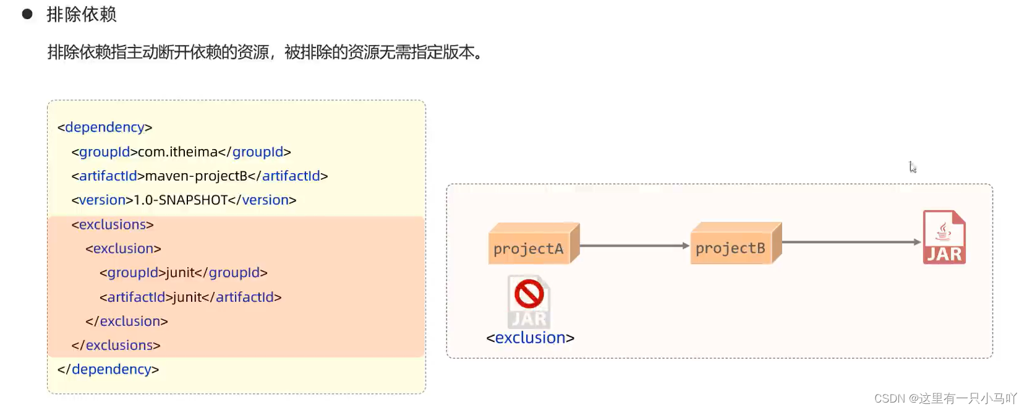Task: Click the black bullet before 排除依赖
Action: [27, 14]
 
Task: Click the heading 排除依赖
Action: [81, 14]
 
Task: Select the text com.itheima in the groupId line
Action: [177, 152]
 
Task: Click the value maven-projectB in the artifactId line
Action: [196, 176]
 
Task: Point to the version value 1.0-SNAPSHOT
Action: [181, 200]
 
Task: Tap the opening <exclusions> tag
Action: [113, 224]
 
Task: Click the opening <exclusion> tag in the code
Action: [123, 249]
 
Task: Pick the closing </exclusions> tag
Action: [116, 345]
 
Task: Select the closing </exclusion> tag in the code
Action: [127, 321]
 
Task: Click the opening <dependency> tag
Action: [104, 127]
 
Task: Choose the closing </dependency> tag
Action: [108, 369]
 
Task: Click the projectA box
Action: [529, 248]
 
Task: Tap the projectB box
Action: [731, 247]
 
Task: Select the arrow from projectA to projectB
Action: [634, 246]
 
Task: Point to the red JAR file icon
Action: [944, 237]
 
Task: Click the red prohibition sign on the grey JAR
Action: [529, 294]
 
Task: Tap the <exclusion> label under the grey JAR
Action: [531, 338]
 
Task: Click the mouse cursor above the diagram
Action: [912, 167]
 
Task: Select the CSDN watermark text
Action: [945, 398]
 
